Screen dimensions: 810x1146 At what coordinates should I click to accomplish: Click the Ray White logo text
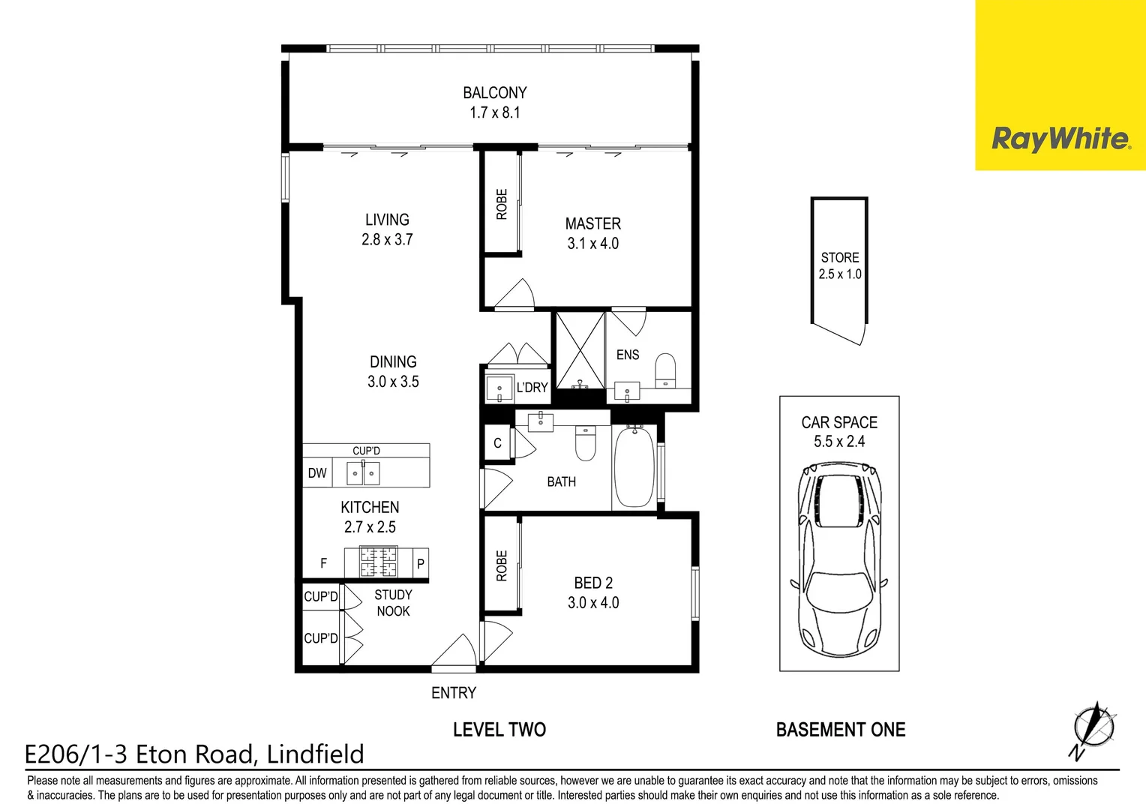tap(1060, 139)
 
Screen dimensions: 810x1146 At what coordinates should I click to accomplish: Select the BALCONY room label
tap(494, 93)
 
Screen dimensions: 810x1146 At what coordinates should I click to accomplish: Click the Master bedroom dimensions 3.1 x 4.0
tap(592, 244)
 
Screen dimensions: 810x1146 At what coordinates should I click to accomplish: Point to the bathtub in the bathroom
tap(634, 466)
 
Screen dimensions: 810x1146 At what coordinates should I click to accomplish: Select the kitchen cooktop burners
tap(379, 562)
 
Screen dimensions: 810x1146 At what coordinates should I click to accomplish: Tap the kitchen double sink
tap(363, 473)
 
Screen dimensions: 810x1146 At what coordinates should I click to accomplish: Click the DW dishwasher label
tap(317, 473)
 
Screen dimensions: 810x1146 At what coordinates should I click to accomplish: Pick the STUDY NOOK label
tap(393, 603)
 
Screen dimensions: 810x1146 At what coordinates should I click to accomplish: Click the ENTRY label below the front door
tap(453, 693)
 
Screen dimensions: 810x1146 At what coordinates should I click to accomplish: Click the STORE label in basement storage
tap(839, 257)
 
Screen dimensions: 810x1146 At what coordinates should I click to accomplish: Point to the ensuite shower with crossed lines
tap(579, 349)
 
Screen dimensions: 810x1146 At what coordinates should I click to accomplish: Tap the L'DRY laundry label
tap(532, 388)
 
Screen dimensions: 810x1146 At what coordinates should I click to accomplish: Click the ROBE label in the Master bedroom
tap(502, 204)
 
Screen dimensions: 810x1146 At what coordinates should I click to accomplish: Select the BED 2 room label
tap(593, 583)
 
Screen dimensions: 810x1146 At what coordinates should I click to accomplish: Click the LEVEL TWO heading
tap(499, 730)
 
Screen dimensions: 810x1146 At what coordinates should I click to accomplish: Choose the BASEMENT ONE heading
tap(840, 730)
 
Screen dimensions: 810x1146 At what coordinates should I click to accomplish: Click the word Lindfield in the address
tap(316, 754)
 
